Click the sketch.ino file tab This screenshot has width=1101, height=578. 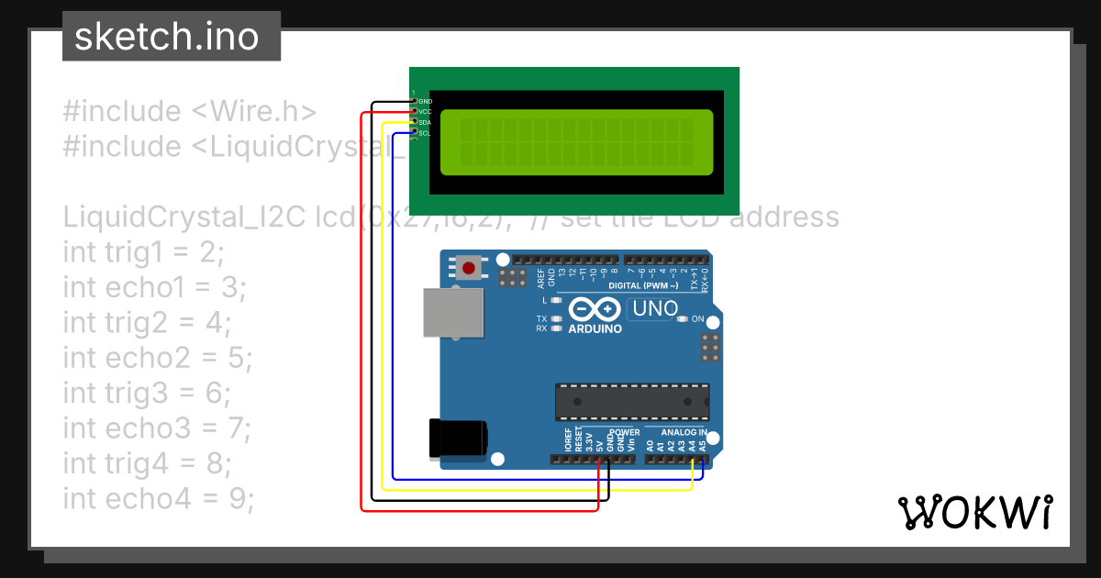pos(171,37)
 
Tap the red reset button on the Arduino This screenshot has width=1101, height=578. pos(469,268)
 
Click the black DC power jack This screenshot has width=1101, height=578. pos(458,439)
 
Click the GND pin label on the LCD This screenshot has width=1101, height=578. pos(425,101)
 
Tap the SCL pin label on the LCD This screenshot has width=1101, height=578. pos(425,133)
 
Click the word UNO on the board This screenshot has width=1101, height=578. pos(655,309)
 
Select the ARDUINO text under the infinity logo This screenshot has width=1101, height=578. pos(595,328)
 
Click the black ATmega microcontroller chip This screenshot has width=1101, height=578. pos(631,402)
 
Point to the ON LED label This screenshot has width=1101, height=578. pos(697,319)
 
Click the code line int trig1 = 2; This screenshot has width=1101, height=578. pos(144,251)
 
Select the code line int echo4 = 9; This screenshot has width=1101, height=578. pos(158,498)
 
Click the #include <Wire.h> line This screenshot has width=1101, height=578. pos(190,111)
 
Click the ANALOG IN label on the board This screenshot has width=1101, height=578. pos(684,432)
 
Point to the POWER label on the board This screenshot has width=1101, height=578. pos(625,432)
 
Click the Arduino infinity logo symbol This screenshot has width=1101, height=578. pos(595,309)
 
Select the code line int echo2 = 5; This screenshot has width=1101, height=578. pos(158,357)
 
